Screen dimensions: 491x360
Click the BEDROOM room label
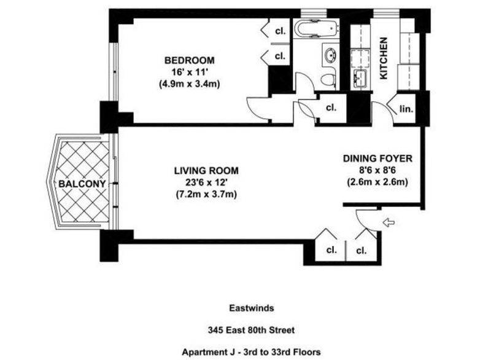click(x=190, y=60)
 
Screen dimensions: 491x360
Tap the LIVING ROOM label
click(x=206, y=171)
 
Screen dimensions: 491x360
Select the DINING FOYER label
click(x=377, y=158)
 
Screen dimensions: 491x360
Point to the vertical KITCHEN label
click(x=384, y=58)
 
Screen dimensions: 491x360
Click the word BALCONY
click(x=82, y=184)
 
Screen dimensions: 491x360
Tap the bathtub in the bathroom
click(x=316, y=28)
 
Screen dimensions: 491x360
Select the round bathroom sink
click(x=330, y=55)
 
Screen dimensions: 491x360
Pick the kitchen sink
click(x=360, y=79)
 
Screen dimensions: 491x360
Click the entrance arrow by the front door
click(x=389, y=222)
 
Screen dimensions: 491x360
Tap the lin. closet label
click(x=406, y=109)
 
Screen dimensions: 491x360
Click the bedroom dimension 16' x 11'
click(x=190, y=72)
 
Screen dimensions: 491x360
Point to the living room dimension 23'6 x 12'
click(x=206, y=182)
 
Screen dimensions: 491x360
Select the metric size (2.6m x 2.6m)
click(x=377, y=182)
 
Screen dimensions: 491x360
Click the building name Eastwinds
click(x=252, y=308)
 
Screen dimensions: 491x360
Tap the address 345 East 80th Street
click(x=252, y=330)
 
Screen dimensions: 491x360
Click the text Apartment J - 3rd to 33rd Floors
click(x=252, y=352)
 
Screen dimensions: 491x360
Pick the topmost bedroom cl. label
click(x=280, y=31)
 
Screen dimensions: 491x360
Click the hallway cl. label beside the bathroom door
click(x=331, y=108)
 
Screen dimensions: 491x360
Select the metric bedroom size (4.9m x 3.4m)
click(x=190, y=84)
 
